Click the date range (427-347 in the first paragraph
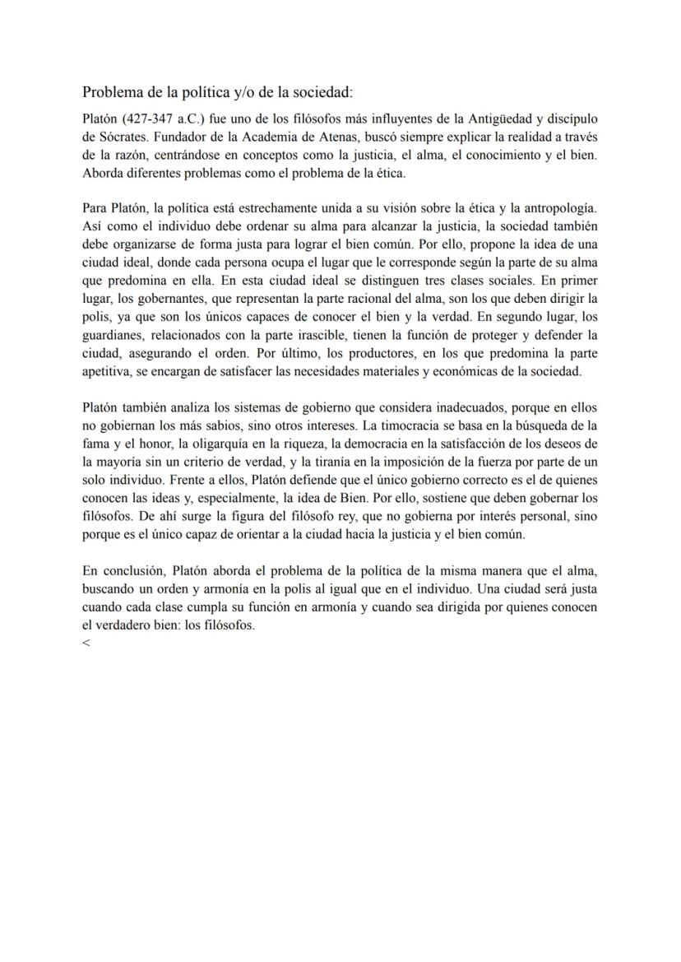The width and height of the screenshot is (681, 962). point(147,116)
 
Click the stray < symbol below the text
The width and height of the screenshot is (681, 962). point(86,643)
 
